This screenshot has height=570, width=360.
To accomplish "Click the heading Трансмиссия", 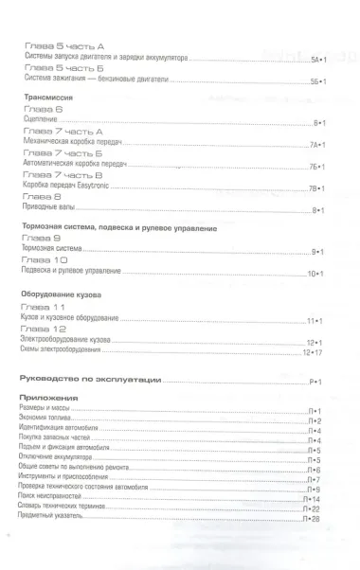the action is (47, 98).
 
